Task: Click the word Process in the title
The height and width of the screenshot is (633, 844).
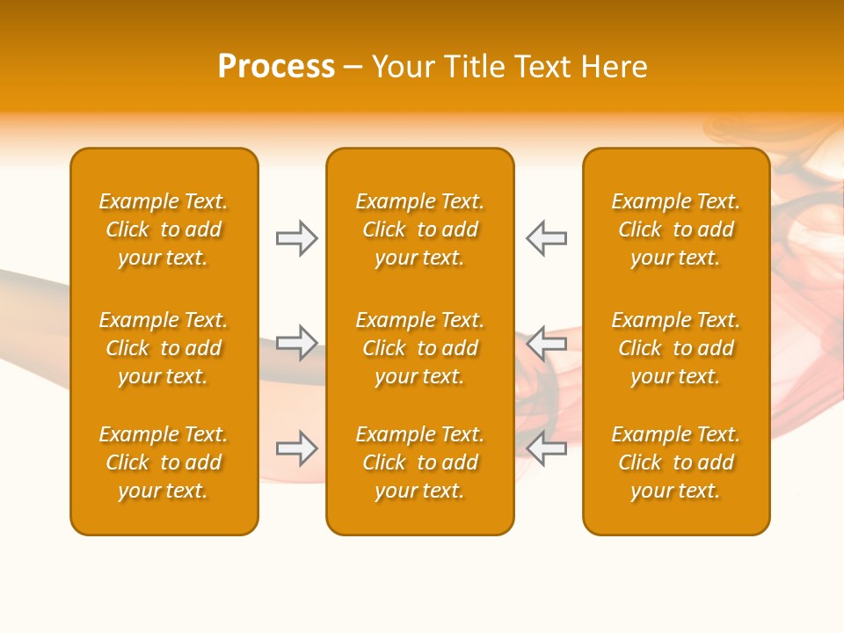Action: click(276, 67)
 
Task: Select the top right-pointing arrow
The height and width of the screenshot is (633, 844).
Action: click(297, 238)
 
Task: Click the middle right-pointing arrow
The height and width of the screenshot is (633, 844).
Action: click(297, 343)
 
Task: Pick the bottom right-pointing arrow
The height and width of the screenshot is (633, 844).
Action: click(297, 448)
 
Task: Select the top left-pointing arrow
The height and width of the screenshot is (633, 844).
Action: click(546, 238)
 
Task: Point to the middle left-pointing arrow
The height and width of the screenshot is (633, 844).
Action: click(546, 343)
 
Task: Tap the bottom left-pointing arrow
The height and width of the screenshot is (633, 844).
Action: click(546, 448)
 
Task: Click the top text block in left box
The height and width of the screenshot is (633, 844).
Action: click(164, 229)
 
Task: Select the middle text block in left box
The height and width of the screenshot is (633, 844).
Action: click(164, 348)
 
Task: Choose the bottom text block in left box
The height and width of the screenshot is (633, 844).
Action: click(164, 462)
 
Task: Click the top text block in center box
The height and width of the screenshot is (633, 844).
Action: click(420, 229)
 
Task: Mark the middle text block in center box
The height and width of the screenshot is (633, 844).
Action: click(420, 348)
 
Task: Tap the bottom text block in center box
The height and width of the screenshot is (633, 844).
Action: click(420, 462)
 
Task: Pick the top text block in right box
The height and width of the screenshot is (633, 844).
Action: click(676, 229)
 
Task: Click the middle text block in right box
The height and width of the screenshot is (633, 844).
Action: click(676, 348)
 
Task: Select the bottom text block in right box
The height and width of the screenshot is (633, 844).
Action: click(676, 462)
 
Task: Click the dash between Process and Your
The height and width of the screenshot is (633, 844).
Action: click(353, 68)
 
